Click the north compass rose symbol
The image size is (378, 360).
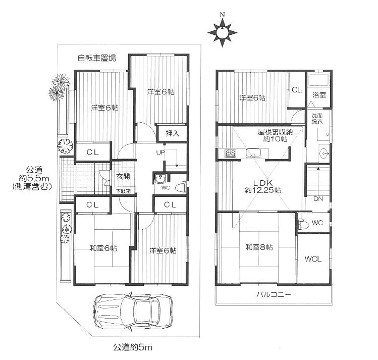(x=222, y=32)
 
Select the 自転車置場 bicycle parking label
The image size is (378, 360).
(x=97, y=58)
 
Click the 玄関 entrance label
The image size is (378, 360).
(x=123, y=177)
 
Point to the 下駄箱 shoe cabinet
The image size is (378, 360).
(x=124, y=191)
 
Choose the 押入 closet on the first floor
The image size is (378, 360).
(x=172, y=133)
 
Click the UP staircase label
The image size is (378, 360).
(x=160, y=152)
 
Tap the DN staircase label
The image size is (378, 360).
(x=318, y=199)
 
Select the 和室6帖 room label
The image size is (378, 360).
(x=103, y=248)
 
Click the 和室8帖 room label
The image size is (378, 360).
(x=259, y=247)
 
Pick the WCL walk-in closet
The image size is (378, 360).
(x=313, y=259)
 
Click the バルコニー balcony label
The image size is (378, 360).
(x=274, y=294)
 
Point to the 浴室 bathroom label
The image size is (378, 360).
(x=319, y=95)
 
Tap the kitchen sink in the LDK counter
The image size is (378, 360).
(x=253, y=153)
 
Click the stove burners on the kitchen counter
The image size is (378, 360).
(x=230, y=153)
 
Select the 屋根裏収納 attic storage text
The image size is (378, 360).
(x=275, y=132)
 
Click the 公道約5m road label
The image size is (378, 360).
(x=133, y=347)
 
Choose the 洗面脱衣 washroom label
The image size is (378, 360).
(x=317, y=118)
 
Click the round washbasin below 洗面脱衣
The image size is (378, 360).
(x=324, y=153)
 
